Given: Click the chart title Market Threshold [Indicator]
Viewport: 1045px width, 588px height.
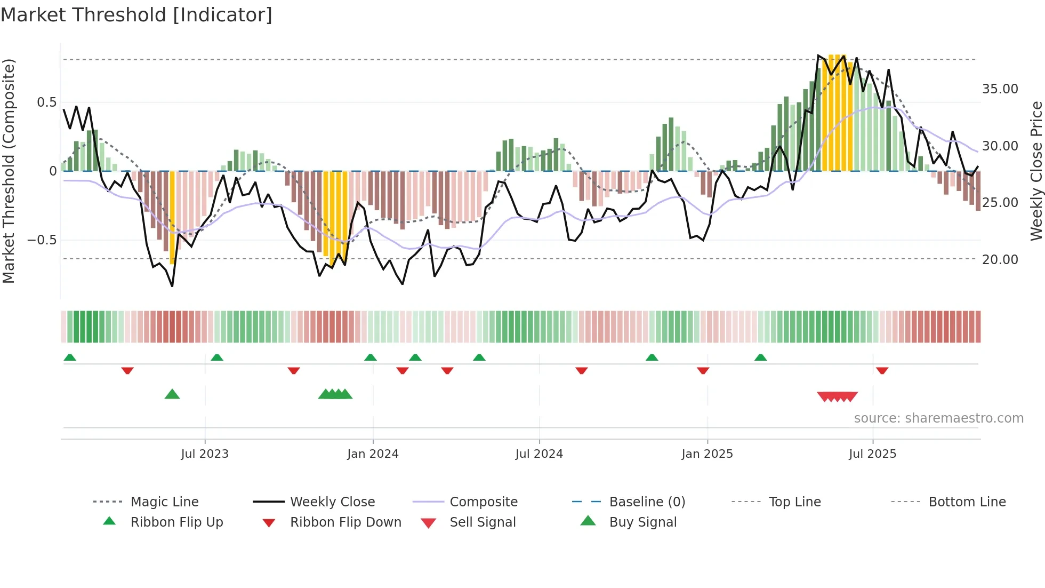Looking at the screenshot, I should pyautogui.click(x=136, y=15).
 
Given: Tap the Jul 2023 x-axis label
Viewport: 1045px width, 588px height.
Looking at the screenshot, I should pyautogui.click(x=205, y=454).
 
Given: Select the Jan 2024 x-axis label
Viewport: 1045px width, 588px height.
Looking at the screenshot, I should pyautogui.click(x=373, y=454).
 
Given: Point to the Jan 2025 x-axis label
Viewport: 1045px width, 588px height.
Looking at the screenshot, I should pyautogui.click(x=707, y=454).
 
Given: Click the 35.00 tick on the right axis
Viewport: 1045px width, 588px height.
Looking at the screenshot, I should pyautogui.click(x=1000, y=89).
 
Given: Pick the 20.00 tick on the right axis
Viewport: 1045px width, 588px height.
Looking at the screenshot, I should pyautogui.click(x=1000, y=260).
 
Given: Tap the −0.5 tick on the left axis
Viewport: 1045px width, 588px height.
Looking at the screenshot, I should pyautogui.click(x=42, y=240).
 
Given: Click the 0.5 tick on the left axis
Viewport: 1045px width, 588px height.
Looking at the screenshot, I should pyautogui.click(x=46, y=102).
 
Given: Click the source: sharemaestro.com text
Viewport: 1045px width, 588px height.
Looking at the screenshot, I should pyautogui.click(x=938, y=418).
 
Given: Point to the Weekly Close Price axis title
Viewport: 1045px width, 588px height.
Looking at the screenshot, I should pyautogui.click(x=1036, y=171).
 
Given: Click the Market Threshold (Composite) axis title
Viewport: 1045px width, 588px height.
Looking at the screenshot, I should pyautogui.click(x=9, y=171).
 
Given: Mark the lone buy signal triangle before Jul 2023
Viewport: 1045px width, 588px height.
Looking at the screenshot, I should pyautogui.click(x=172, y=394).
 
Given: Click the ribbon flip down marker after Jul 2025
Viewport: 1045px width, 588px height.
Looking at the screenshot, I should pyautogui.click(x=882, y=370).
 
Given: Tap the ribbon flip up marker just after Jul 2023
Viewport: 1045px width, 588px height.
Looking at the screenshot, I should pyautogui.click(x=217, y=357).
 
